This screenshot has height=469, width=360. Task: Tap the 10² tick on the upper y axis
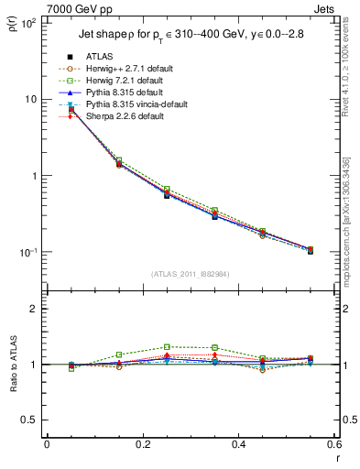click(28, 23)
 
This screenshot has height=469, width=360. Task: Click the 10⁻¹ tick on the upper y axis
click(28, 252)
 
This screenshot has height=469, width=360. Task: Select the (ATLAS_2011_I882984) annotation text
click(191, 274)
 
